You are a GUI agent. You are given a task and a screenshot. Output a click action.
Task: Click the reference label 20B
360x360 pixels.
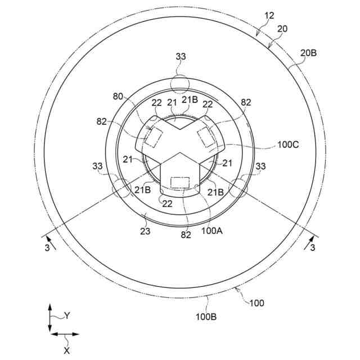(308, 53)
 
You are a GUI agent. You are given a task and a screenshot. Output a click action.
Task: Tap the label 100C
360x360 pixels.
(288, 145)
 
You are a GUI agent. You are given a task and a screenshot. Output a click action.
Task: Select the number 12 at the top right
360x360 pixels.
(269, 16)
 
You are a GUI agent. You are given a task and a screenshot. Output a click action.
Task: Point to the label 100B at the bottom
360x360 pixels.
(206, 317)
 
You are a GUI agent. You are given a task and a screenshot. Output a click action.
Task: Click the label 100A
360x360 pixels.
(212, 231)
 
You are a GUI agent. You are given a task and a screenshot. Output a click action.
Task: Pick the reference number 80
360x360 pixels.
(118, 96)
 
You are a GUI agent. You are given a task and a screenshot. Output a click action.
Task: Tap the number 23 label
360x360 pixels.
(145, 231)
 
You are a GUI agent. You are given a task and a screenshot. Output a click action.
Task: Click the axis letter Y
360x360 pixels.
(66, 316)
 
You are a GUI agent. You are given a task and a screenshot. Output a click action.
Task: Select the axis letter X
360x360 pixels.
(67, 350)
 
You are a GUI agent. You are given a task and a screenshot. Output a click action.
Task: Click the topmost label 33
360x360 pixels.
(181, 56)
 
